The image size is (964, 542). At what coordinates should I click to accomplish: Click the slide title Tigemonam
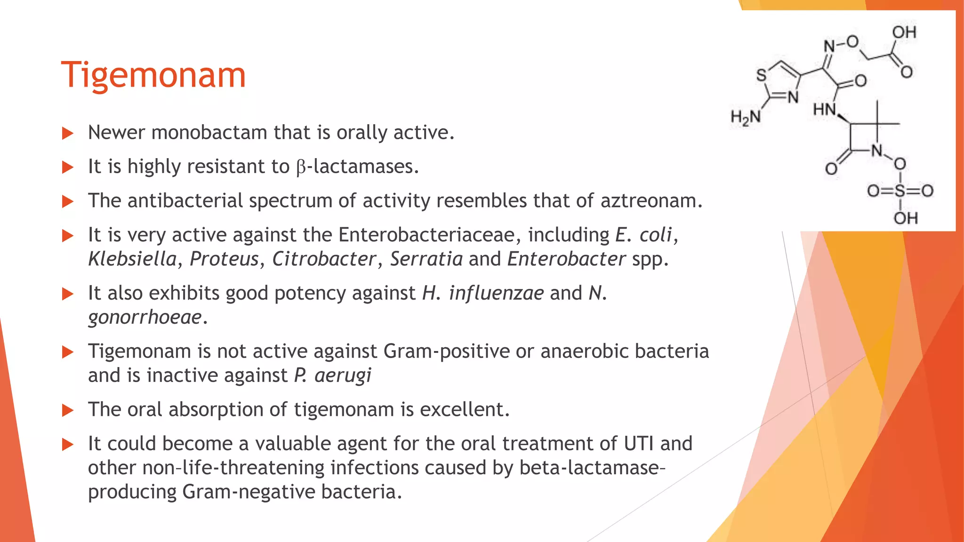pyautogui.click(x=153, y=75)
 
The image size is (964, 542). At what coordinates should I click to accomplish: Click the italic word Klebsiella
pyautogui.click(x=132, y=259)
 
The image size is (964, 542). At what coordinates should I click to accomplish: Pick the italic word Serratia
pyautogui.click(x=426, y=259)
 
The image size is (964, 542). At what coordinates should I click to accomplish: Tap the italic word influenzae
pyautogui.click(x=496, y=293)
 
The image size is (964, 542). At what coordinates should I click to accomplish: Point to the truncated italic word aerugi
pyautogui.click(x=343, y=375)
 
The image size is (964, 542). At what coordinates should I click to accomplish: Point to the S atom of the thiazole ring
pyautogui.click(x=761, y=75)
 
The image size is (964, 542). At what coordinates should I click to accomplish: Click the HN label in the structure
pyautogui.click(x=824, y=110)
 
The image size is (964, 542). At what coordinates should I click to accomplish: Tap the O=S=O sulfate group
pyautogui.click(x=900, y=191)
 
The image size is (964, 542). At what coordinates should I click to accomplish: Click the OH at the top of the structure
pyautogui.click(x=904, y=32)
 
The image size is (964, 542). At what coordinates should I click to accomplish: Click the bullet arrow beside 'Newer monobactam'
pyautogui.click(x=68, y=133)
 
